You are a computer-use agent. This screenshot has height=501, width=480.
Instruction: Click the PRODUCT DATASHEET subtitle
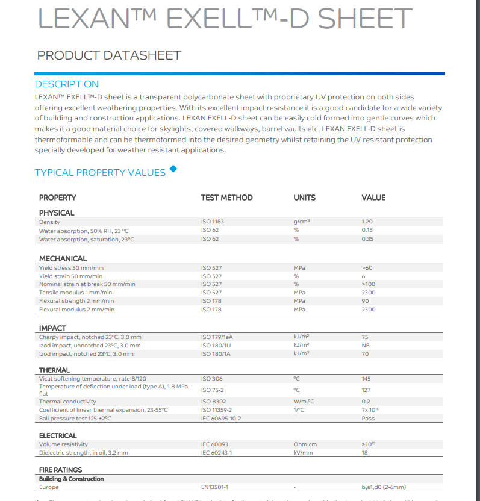coord(109,55)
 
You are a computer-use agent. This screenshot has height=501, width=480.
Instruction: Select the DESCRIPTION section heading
coord(66,84)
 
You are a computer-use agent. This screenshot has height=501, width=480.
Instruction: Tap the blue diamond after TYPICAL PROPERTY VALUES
coord(173,169)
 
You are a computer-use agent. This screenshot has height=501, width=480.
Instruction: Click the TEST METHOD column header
coord(226,198)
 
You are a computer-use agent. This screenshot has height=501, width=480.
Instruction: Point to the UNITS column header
coord(304,198)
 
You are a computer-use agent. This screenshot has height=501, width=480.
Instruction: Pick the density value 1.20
coord(367,222)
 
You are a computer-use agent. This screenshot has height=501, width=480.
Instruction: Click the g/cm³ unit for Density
coord(301,222)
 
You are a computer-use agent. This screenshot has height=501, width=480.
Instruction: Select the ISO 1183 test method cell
coord(212,222)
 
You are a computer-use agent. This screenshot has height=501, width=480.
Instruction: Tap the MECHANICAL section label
coord(63,258)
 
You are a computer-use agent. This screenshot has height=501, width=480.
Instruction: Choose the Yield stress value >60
coord(367,267)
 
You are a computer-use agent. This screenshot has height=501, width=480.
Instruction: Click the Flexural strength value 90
coord(365,301)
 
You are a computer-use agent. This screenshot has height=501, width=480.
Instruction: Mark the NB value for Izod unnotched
coord(366,346)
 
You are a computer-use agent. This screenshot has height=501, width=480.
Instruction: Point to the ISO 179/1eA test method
coord(217,337)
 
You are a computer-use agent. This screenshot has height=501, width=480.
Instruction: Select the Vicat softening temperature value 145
coord(366,379)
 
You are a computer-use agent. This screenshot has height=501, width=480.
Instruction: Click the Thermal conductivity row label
coord(67,402)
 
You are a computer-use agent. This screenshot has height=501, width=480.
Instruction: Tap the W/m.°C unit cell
coord(304,402)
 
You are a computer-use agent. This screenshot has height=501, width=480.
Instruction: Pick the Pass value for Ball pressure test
coord(367,419)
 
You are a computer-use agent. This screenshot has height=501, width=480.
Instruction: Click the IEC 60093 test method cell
coord(214,444)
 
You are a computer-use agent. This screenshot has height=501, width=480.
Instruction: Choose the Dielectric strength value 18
coord(364,453)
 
